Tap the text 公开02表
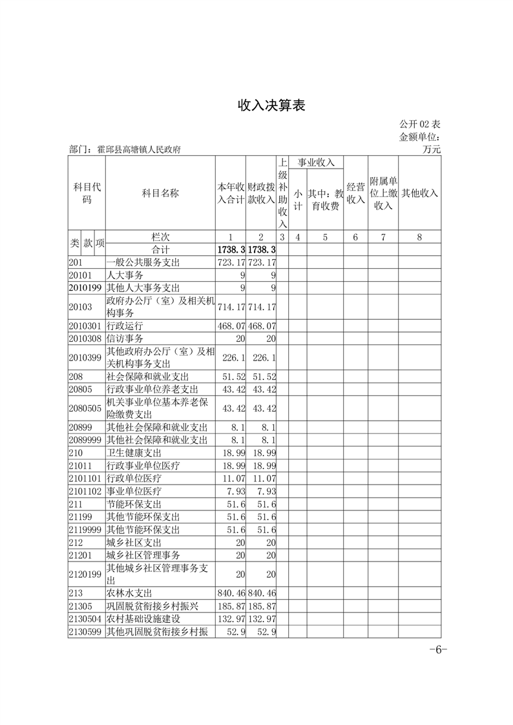coord(420,124)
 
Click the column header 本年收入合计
coord(231,193)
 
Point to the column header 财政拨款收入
coord(261,193)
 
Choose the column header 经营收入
coord(355,193)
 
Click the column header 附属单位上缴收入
coord(383,193)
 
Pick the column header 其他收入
coord(419,193)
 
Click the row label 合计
coord(160,249)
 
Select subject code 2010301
coord(85,326)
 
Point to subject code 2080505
coord(85,408)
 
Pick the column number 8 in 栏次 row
coord(419,237)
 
